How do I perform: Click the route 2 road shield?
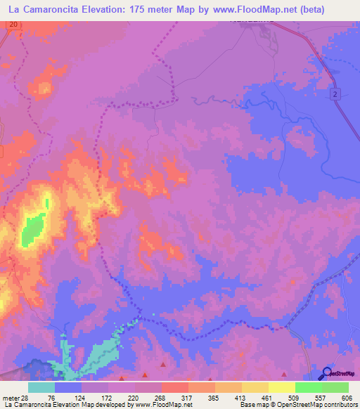[336, 95]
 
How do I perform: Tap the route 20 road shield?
[14, 25]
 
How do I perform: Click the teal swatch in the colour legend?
[41, 387]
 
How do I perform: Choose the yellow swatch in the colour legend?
[282, 387]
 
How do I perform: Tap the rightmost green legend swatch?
[336, 387]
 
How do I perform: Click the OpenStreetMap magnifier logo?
[327, 373]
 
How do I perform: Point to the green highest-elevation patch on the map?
[32, 231]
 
